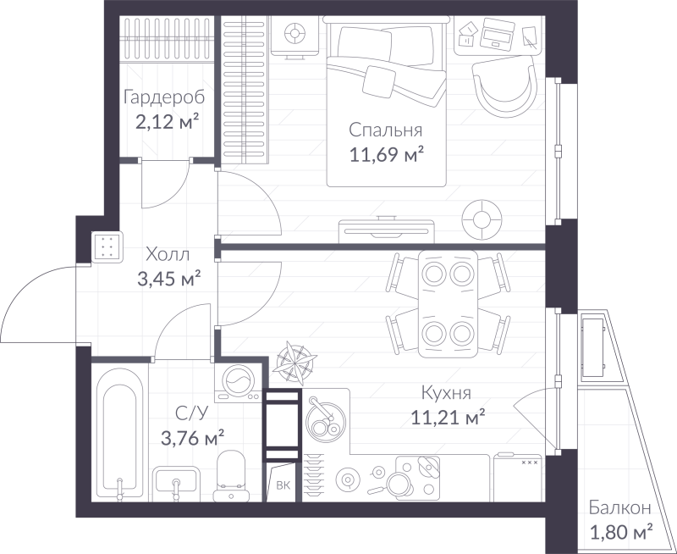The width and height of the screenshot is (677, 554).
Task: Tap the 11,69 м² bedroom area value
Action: tap(386, 154)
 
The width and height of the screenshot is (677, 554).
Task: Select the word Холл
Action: tap(168, 253)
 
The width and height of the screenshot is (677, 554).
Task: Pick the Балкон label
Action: tap(621, 508)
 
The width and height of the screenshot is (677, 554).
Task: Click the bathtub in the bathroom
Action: tap(118, 432)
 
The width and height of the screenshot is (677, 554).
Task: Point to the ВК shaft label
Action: tap(282, 485)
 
